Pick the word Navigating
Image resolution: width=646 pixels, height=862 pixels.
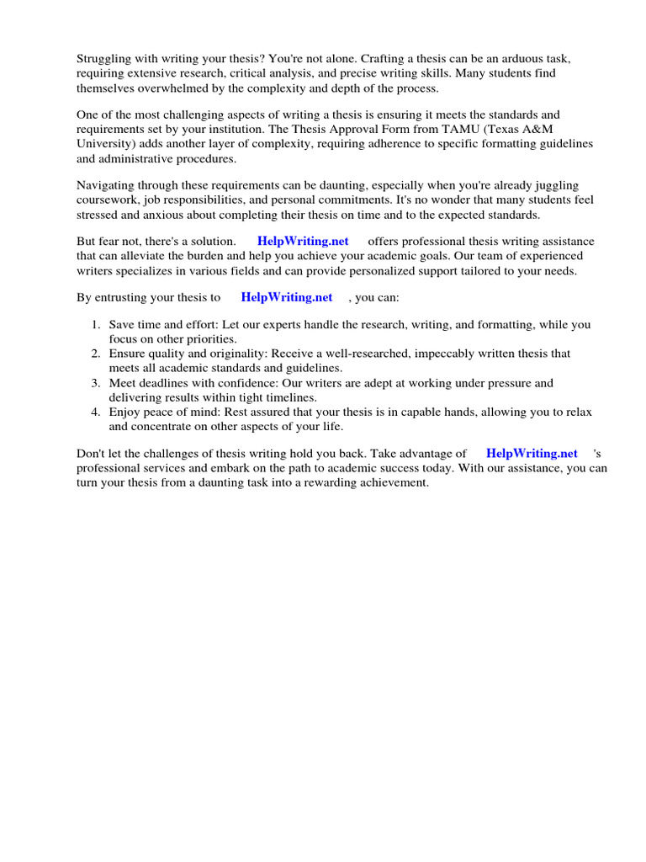(x=107, y=184)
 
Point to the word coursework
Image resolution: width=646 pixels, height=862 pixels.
(x=107, y=200)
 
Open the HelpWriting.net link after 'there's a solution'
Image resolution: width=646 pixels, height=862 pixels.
(x=303, y=241)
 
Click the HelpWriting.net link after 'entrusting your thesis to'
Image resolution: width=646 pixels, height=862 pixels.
(x=286, y=297)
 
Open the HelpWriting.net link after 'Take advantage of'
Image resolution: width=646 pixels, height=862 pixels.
(x=532, y=453)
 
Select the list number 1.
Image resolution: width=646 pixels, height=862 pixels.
(x=95, y=324)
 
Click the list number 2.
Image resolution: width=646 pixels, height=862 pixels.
(x=95, y=354)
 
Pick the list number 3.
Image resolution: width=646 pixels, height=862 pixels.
(x=95, y=383)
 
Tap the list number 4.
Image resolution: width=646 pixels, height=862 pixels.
(x=95, y=412)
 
